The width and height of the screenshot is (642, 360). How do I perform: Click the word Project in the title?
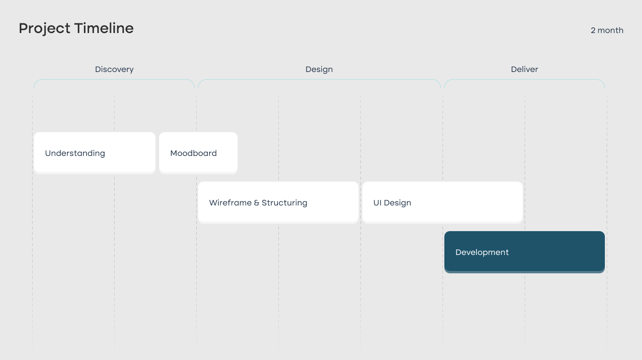(x=44, y=28)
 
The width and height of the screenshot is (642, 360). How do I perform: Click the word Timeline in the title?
(x=104, y=28)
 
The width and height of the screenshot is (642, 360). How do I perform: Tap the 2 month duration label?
(x=607, y=30)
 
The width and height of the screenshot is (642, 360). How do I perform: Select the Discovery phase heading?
(x=114, y=69)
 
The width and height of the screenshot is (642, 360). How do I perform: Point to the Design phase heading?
(x=319, y=69)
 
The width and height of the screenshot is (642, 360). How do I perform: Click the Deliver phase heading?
(x=525, y=69)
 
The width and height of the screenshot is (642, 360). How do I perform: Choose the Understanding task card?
(x=94, y=153)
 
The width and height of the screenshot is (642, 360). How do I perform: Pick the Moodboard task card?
(x=198, y=153)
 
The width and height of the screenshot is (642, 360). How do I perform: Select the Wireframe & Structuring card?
(x=278, y=203)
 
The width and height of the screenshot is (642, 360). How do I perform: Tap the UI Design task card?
(x=443, y=203)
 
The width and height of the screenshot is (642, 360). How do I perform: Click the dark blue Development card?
(x=525, y=252)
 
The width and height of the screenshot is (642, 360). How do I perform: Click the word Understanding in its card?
(x=75, y=153)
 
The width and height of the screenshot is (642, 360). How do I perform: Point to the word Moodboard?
(x=194, y=153)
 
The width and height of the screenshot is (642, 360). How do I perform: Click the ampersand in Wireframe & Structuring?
(x=256, y=203)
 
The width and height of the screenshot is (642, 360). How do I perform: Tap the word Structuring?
(x=284, y=203)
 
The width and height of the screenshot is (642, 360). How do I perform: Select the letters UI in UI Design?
(x=377, y=203)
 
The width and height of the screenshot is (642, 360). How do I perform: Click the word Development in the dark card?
(x=482, y=253)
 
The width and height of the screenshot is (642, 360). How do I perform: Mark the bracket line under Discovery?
(x=114, y=79)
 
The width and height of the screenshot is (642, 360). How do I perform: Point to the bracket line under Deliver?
(x=525, y=79)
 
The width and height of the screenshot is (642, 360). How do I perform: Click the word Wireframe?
(x=230, y=203)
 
